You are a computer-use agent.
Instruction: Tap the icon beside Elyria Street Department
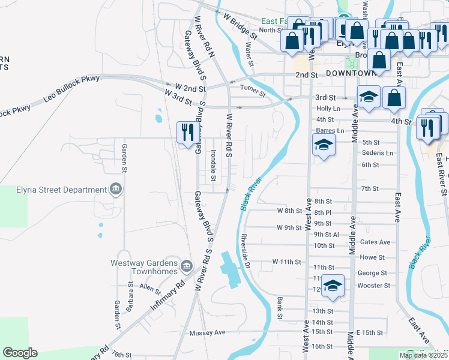click(x=116, y=190)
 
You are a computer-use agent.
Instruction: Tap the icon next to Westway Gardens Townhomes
click(x=186, y=265)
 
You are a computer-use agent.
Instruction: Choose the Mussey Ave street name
click(x=207, y=332)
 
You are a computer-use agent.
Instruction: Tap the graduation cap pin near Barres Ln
click(x=324, y=145)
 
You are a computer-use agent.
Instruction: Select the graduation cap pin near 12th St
click(x=333, y=286)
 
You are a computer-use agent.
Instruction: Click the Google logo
click(x=20, y=353)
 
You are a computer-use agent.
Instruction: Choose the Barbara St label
click(x=130, y=293)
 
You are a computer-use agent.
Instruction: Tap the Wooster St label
click(x=373, y=286)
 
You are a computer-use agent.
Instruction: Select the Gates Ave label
click(x=376, y=242)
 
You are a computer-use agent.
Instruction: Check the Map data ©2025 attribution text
click(x=423, y=355)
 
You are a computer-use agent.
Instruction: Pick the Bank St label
click(x=280, y=304)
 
